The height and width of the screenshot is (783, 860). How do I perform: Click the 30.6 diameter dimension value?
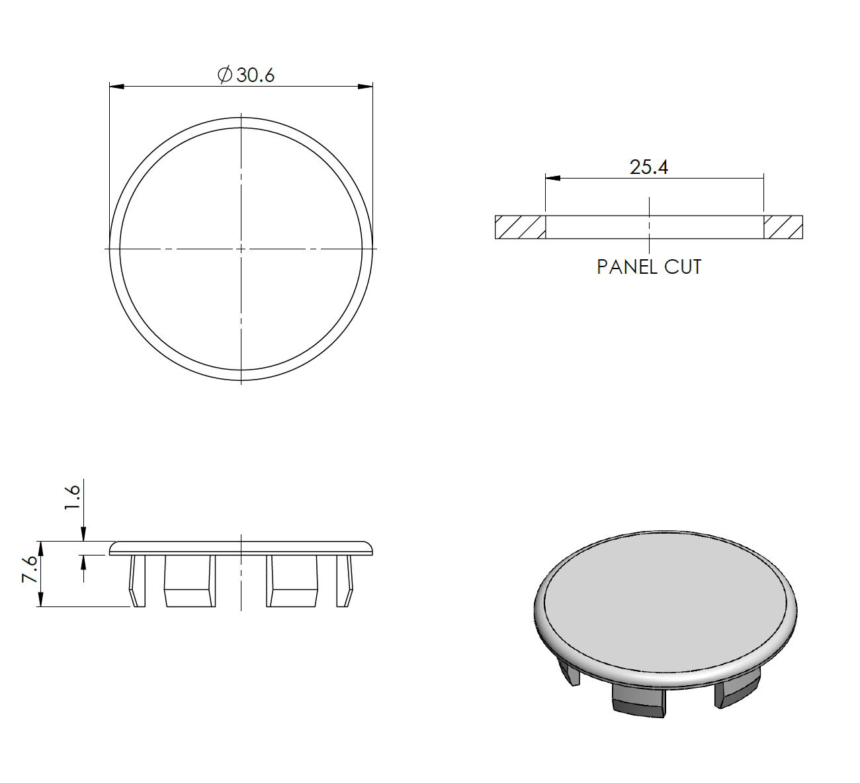[x=255, y=75]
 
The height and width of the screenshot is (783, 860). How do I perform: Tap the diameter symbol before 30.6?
[x=225, y=75]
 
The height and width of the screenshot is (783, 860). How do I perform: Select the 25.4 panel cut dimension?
[x=649, y=167]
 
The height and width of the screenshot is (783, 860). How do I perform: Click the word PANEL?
[x=627, y=267]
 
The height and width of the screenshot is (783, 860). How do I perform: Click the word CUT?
[x=683, y=267]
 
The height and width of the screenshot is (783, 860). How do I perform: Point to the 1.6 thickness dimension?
[x=73, y=497]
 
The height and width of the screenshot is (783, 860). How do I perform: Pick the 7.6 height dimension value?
[x=30, y=569]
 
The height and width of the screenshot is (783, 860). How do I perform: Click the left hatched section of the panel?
[x=520, y=227]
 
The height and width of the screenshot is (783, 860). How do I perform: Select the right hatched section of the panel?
[x=783, y=227]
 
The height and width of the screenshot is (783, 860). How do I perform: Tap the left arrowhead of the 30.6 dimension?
[x=116, y=87]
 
